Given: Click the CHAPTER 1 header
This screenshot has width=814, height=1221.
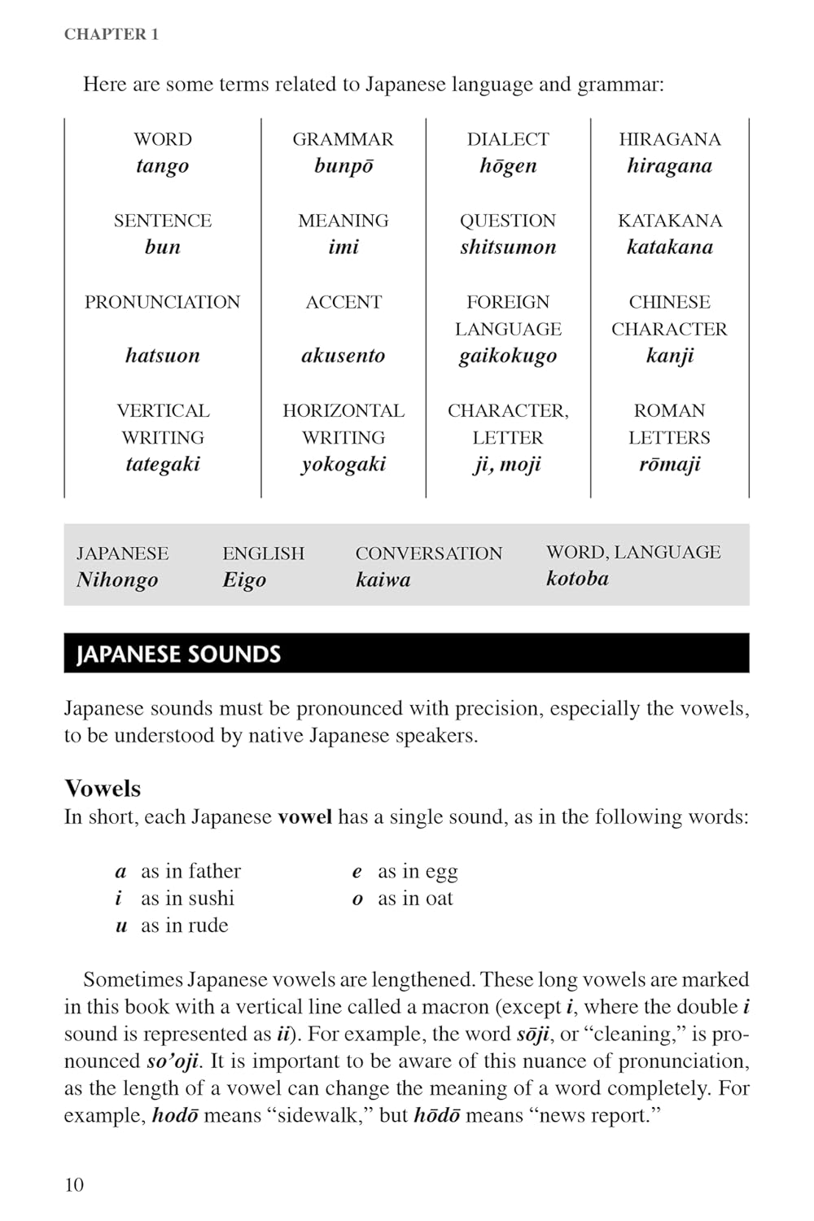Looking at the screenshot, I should coord(112,34).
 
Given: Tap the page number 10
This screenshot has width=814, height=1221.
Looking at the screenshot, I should coord(74,1184).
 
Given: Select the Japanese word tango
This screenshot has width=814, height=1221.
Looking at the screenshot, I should coord(163,166).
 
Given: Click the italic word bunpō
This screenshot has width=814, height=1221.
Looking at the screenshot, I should coord(344,166).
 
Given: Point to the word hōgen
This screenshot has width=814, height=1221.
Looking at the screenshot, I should coord(508,166).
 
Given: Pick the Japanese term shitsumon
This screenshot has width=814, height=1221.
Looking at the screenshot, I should coord(508,247).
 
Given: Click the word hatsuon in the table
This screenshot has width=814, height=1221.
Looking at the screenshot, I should coord(163,356).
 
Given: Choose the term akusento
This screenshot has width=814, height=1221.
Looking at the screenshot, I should coord(344,356).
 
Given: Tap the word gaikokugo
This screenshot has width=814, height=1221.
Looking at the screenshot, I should coord(508,356).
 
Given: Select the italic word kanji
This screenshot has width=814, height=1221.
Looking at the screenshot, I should coord(669,356).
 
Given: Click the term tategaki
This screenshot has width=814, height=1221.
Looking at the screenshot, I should coord(163,465).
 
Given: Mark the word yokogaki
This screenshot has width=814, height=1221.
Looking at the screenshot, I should coord(344,465).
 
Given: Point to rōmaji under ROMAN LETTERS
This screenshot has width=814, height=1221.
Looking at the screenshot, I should coord(669,465).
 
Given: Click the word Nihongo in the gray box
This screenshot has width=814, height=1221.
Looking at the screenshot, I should coord(117,580).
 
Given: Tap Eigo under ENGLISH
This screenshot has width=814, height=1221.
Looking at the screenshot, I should coord(244,580).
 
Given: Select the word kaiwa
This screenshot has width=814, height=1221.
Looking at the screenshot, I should coord(383,580).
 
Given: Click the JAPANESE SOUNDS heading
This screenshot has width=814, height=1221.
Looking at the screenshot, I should coord(178,654).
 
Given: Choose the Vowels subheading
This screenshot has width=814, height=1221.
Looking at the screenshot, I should coord(103,788).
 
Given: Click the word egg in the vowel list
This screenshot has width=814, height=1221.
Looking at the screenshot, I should coord(441,873).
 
